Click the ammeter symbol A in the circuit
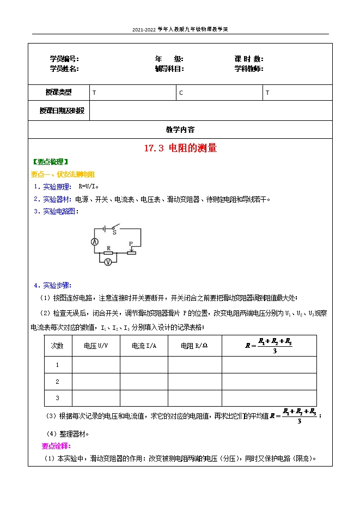click(94, 241)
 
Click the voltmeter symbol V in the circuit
click(108, 262)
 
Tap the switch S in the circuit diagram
click(114, 229)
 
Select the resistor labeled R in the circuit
click(108, 253)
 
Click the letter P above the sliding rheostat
click(131, 244)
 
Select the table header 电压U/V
click(96, 346)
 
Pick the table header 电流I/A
click(144, 346)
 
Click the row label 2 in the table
click(57, 382)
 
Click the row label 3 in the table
click(57, 398)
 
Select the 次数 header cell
click(57, 346)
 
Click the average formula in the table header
click(269, 346)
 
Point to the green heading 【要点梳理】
click(51, 162)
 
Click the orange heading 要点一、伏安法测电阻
click(63, 174)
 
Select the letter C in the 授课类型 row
click(181, 93)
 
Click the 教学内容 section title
click(180, 130)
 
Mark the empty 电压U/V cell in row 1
click(96, 365)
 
